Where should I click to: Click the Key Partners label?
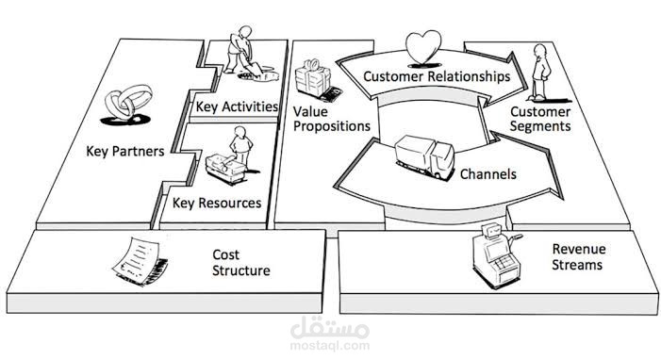[124, 151]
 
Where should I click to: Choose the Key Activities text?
[237, 106]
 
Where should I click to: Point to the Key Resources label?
[217, 203]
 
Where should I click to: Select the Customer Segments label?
[540, 119]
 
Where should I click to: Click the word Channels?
[487, 174]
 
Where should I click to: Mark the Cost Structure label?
[240, 263]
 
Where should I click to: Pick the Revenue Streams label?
[579, 257]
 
